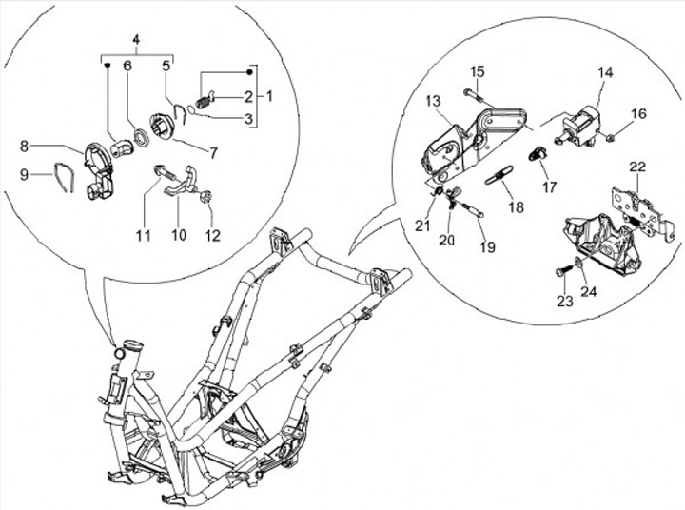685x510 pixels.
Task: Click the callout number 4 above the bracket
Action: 136,39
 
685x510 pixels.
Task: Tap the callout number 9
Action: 25,175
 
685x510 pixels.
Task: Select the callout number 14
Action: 605,72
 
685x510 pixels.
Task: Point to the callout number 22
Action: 637,167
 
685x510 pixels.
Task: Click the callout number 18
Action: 517,206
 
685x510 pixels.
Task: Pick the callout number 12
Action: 213,236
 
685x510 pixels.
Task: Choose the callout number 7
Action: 213,153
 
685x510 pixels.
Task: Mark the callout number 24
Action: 589,291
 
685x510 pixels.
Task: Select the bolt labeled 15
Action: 475,95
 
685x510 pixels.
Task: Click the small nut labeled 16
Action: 611,138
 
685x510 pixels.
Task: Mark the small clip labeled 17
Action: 538,154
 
